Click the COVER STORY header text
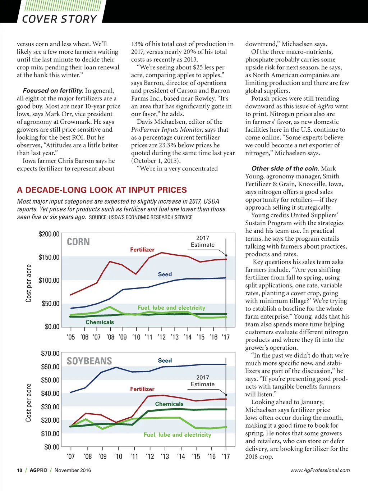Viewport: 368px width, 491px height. click(x=59, y=19)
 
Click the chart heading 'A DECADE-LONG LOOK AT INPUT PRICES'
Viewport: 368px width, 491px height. click(x=102, y=190)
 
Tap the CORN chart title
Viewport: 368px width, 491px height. click(x=78, y=242)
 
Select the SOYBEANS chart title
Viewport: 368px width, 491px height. click(x=89, y=361)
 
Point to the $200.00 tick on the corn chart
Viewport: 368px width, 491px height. click(x=49, y=234)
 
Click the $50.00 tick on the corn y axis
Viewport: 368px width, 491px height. click(x=51, y=304)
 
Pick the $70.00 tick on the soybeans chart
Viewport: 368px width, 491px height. click(x=50, y=354)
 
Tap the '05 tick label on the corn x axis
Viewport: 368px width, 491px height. click(x=71, y=337)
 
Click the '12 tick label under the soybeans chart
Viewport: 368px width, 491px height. click(x=150, y=456)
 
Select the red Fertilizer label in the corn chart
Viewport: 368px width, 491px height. click(x=142, y=250)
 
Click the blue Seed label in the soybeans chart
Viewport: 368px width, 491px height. click(x=165, y=360)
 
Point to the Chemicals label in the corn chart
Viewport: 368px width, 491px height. click(x=100, y=322)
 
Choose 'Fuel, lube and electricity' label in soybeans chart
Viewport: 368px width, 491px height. click(x=177, y=435)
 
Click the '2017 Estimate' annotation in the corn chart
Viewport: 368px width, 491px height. click(x=203, y=241)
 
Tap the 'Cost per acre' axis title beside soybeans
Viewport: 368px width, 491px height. click(x=29, y=403)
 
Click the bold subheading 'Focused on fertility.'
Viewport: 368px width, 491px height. click(x=53, y=91)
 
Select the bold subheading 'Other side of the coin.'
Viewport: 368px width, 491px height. click(x=285, y=168)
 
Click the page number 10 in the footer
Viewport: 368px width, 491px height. click(x=19, y=470)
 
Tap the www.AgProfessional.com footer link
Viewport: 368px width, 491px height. click(x=320, y=470)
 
